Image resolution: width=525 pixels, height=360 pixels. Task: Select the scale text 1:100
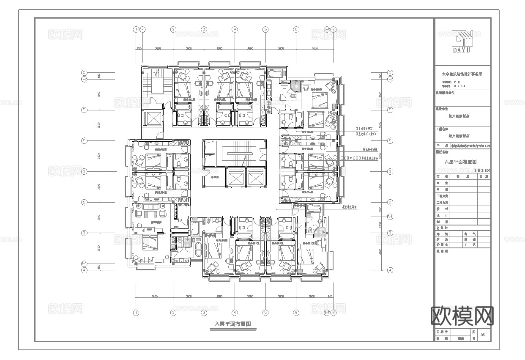pos(481,169)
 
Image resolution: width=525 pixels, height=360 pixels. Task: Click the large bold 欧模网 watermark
pos(462,316)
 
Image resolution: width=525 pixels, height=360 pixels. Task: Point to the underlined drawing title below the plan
pos(232,324)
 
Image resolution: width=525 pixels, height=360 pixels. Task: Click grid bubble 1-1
pos(142,29)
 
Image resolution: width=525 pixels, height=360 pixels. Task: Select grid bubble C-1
pos(390,217)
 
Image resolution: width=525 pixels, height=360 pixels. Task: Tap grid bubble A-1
pos(84,263)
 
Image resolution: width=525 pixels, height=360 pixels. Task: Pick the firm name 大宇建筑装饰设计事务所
pos(462,74)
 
